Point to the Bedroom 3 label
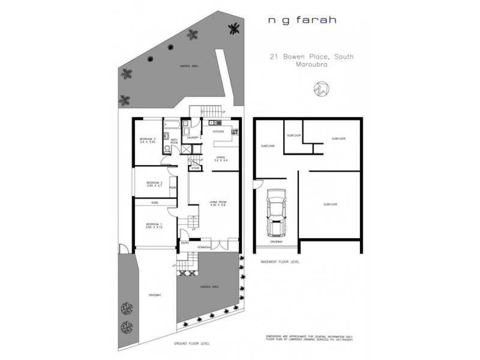click(x=148, y=140)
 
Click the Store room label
click(x=196, y=169)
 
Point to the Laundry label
click(x=193, y=138)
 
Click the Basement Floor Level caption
click(x=280, y=262)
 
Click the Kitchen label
click(x=218, y=131)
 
